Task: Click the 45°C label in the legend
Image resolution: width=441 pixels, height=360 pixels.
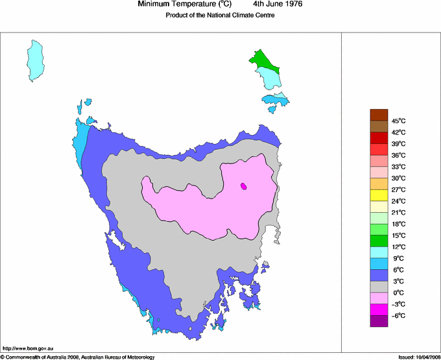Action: point(398,121)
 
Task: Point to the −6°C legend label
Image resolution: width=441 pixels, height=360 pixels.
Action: point(398,315)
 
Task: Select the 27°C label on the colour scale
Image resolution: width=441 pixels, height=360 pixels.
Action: point(398,189)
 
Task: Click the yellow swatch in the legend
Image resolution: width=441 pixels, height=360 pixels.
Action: point(379,195)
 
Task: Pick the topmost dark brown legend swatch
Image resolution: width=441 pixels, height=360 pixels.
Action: point(379,115)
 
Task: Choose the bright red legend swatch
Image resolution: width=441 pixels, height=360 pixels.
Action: point(379,138)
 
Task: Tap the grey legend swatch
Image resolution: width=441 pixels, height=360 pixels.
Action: point(379,287)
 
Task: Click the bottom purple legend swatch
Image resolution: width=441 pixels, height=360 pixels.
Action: point(379,321)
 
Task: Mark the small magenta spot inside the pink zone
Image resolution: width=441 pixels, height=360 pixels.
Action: point(243,186)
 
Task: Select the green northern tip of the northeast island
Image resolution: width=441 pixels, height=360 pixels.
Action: point(262,60)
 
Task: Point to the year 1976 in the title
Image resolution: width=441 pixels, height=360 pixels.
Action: point(290,5)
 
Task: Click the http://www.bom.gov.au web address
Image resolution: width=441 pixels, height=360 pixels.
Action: point(28,349)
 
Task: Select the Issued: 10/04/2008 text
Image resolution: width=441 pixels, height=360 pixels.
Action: point(416,356)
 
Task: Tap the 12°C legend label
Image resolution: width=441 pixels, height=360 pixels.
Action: point(398,247)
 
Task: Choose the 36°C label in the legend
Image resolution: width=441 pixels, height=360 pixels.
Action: point(398,155)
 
